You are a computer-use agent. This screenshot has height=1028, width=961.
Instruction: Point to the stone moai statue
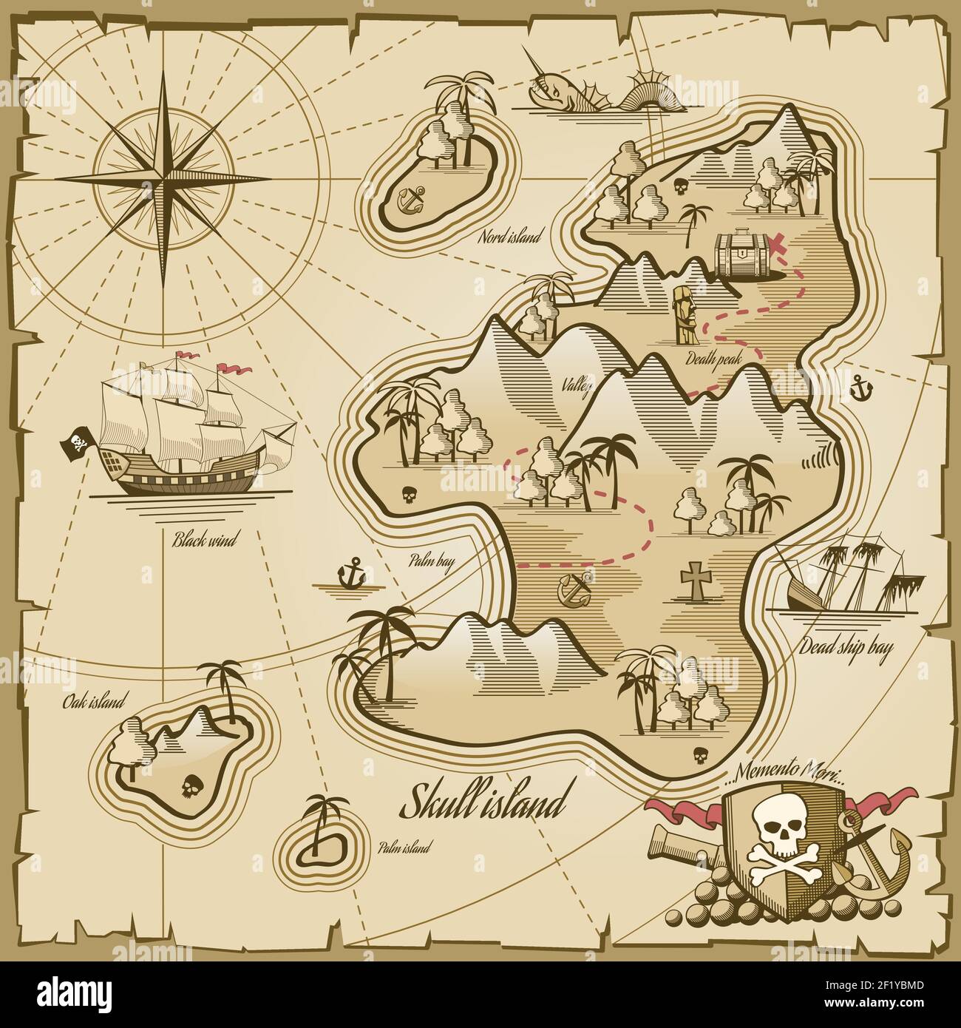coord(685,315)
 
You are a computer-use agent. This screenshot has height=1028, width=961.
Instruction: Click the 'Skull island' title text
coord(483,803)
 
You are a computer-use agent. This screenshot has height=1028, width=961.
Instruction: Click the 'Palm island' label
coord(403,848)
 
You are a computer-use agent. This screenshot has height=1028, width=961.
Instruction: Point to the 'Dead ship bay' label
coord(846,648)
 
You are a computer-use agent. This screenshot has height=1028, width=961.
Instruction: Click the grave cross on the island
coord(693,578)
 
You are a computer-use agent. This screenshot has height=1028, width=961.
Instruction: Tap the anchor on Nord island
coord(412,199)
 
